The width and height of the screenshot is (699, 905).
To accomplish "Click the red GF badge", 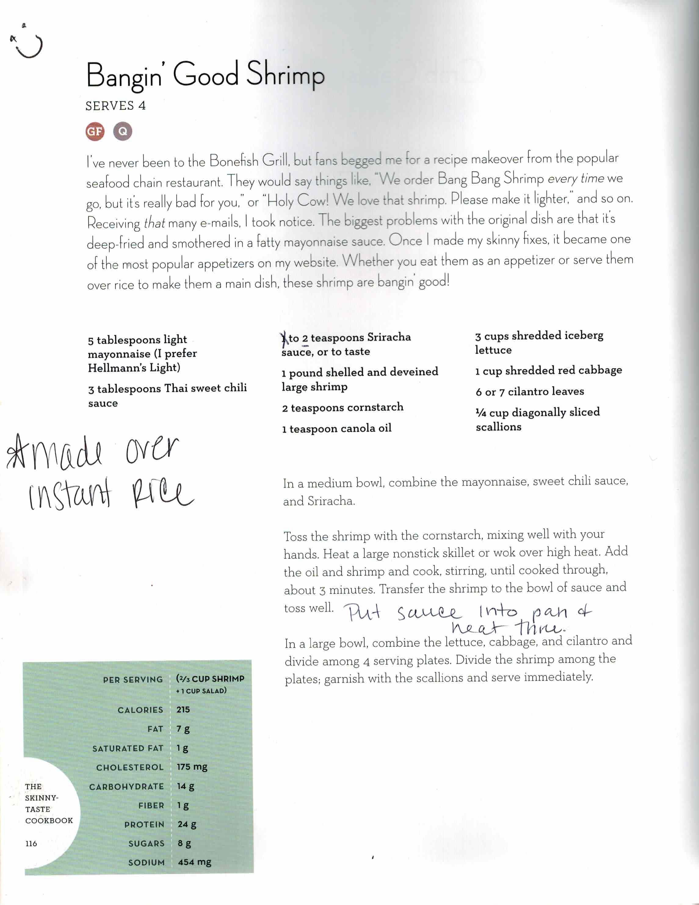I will (x=95, y=132).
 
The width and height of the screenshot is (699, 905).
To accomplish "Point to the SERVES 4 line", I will (x=116, y=106).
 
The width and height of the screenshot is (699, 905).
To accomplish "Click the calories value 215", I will (x=183, y=709).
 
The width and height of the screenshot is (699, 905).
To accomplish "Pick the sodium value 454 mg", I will (x=194, y=862).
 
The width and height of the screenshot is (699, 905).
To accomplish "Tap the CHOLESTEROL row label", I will (x=130, y=767).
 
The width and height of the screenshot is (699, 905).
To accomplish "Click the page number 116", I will (x=31, y=843).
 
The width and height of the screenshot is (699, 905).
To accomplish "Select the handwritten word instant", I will (x=70, y=494).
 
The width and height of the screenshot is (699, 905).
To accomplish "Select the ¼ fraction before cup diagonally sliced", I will (x=481, y=413).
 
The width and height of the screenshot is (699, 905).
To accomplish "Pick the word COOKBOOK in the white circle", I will (x=49, y=820).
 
